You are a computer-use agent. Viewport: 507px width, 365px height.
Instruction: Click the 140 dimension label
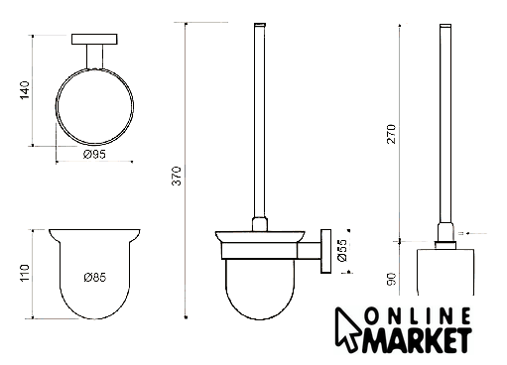pyautogui.click(x=25, y=89)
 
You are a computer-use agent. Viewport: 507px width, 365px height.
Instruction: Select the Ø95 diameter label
pyautogui.click(x=94, y=154)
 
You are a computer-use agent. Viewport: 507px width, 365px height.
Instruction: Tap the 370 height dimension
pyautogui.click(x=177, y=176)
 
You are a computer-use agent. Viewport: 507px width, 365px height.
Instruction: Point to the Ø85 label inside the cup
pyautogui.click(x=95, y=278)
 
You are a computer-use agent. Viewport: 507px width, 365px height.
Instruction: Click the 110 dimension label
pyautogui.click(x=25, y=273)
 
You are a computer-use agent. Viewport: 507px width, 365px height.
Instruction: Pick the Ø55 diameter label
pyautogui.click(x=343, y=250)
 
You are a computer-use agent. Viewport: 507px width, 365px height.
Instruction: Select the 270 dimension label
pyautogui.click(x=391, y=134)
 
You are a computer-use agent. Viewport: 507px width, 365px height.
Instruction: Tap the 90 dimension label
pyautogui.click(x=391, y=280)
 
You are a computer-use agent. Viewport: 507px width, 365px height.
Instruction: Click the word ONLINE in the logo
pyautogui.click(x=418, y=316)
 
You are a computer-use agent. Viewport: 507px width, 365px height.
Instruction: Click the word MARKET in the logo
pyautogui.click(x=418, y=340)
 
